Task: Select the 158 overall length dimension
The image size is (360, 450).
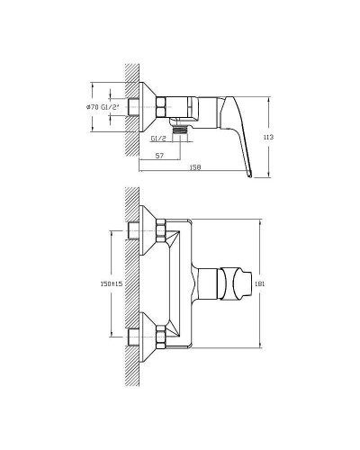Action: pyautogui.click(x=194, y=166)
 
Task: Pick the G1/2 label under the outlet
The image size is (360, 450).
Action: pyautogui.click(x=158, y=139)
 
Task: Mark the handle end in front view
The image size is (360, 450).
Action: pyautogui.click(x=240, y=284)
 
